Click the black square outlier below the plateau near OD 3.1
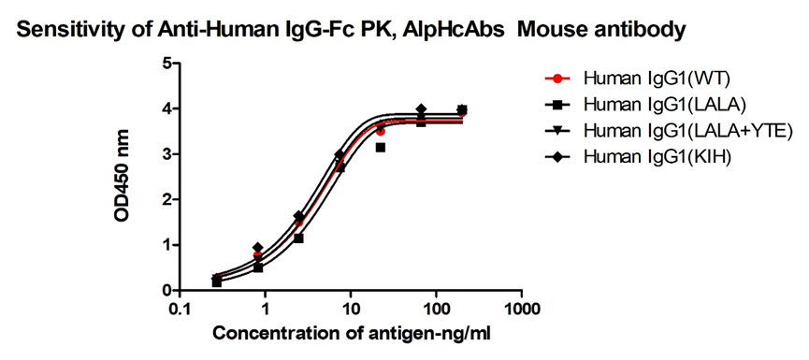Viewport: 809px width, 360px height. point(381,148)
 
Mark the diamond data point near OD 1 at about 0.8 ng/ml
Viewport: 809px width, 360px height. point(257,248)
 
